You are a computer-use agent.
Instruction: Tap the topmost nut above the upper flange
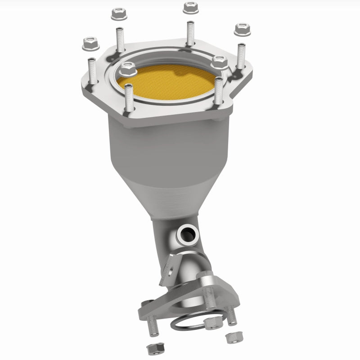(188, 7)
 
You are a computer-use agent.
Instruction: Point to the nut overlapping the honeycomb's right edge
(220, 62)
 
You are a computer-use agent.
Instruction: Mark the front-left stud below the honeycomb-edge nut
(129, 98)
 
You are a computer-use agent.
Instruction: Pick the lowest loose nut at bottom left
(152, 347)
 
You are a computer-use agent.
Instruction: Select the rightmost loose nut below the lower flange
(234, 336)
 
